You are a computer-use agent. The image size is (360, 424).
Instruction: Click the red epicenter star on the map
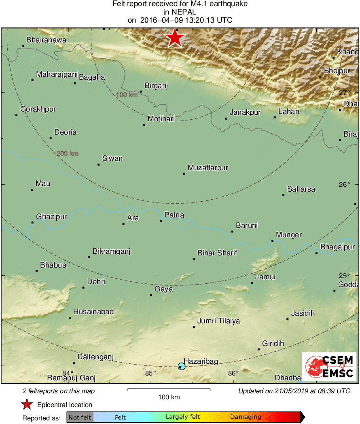(175, 38)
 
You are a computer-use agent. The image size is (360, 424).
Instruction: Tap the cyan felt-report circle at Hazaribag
(182, 366)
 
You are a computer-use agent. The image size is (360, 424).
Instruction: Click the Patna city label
(174, 215)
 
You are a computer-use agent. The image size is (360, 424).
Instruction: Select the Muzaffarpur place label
(208, 168)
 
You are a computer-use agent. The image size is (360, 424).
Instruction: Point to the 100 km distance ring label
(127, 95)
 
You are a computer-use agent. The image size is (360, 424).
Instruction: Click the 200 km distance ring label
(68, 154)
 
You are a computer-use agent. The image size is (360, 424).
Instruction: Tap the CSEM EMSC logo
(329, 367)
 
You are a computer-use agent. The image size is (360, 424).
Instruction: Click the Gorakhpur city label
(38, 109)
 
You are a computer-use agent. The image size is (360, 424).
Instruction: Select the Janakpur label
(245, 112)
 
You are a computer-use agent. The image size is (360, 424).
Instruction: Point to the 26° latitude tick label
(344, 185)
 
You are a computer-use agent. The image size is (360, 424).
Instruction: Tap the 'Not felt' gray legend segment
(80, 417)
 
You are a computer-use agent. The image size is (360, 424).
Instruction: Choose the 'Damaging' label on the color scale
(246, 417)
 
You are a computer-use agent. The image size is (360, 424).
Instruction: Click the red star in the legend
(27, 404)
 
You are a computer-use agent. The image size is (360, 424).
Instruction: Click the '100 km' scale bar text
(169, 397)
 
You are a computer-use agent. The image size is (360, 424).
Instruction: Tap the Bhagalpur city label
(337, 247)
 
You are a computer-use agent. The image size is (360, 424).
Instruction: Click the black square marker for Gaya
(151, 295)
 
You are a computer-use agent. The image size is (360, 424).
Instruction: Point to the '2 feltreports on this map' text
(59, 391)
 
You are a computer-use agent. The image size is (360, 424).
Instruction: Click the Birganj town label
(156, 86)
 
